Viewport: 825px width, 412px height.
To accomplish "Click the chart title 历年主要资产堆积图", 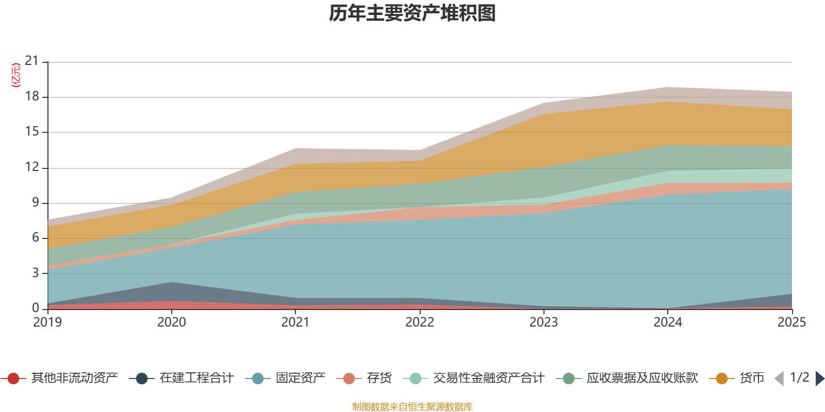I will pyautogui.click(x=412, y=13).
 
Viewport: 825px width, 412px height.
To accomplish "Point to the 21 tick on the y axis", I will pyautogui.click(x=32, y=61).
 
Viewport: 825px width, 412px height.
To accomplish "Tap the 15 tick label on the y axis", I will pyautogui.click(x=32, y=132).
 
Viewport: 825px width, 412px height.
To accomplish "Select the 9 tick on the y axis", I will pyautogui.click(x=35, y=202).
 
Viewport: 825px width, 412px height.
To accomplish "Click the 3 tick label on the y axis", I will pyautogui.click(x=35, y=272).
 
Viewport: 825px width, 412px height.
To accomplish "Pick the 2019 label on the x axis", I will pyautogui.click(x=47, y=322).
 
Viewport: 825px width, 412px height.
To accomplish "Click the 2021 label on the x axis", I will pyautogui.click(x=295, y=322).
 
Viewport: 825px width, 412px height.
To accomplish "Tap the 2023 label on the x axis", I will pyautogui.click(x=543, y=322).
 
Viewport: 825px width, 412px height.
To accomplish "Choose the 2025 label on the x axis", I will pyautogui.click(x=791, y=322).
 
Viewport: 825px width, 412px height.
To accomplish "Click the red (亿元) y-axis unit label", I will pyautogui.click(x=16, y=75).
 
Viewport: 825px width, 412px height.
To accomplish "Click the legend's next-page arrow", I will pyautogui.click(x=819, y=379).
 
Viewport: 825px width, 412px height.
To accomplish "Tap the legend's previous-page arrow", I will pyautogui.click(x=779, y=379).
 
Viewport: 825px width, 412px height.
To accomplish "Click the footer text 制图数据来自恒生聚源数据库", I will pyautogui.click(x=412, y=407).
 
